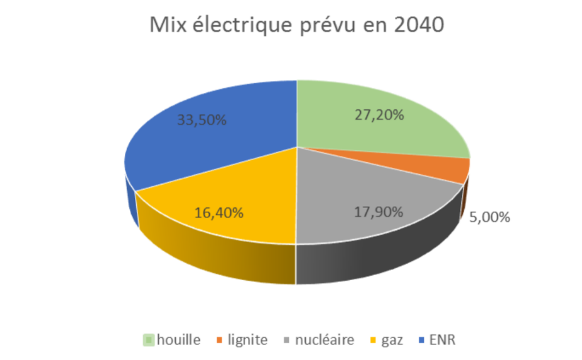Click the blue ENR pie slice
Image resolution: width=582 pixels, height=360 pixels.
[x=201, y=145]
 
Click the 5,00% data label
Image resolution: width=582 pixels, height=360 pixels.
[x=489, y=217]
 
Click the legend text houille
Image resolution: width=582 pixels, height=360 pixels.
[x=180, y=341]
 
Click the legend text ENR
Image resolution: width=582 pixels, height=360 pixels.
[x=443, y=341]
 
